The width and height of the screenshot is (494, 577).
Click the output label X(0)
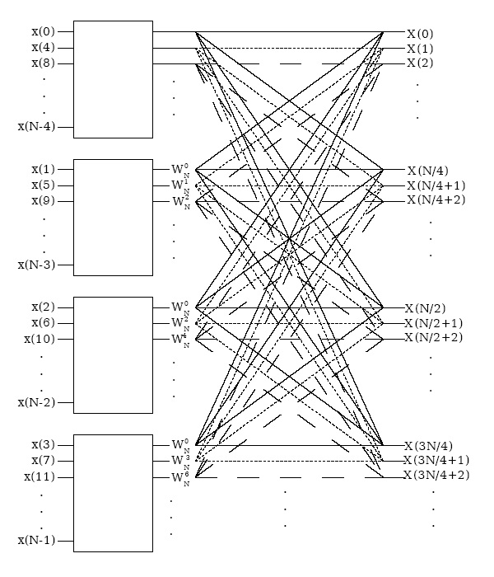420,34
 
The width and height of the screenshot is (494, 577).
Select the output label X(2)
420,63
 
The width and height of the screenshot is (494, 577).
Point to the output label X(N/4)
426,171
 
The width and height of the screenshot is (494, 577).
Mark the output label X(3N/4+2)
436,476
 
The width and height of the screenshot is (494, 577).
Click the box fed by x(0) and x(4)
114,80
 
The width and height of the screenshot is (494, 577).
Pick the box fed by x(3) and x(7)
114,492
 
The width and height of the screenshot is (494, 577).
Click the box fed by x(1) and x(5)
114,218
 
